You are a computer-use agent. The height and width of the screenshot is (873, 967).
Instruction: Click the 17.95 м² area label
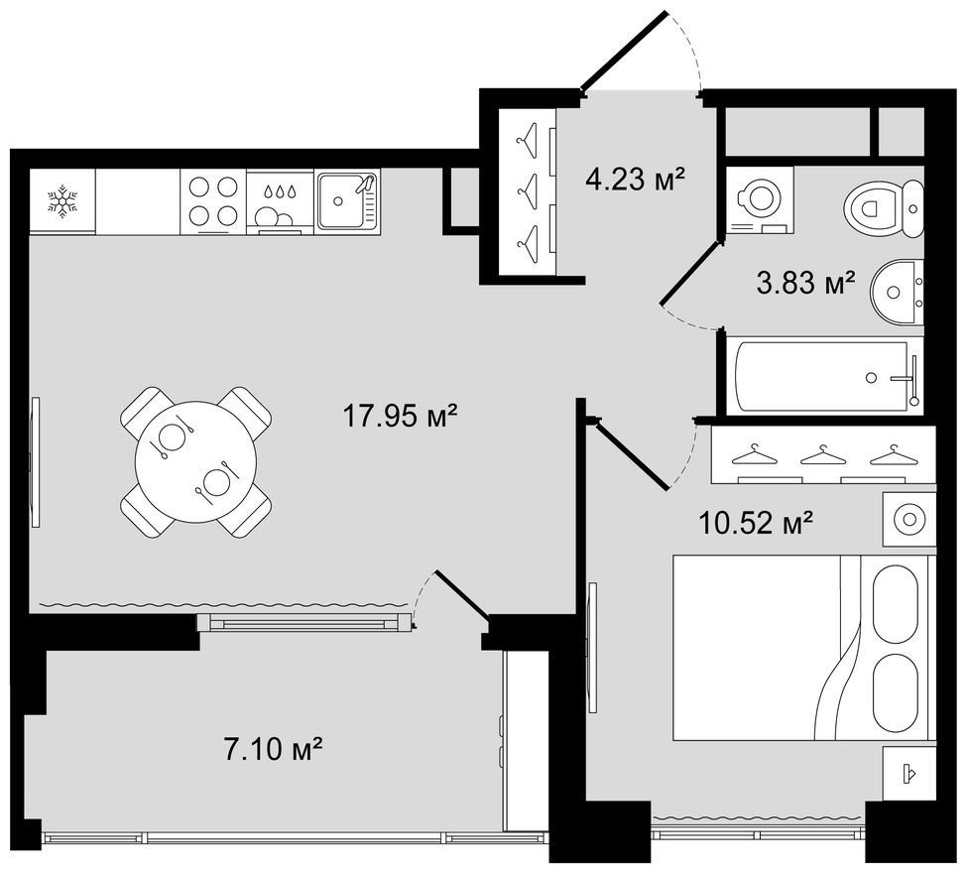pos(399,416)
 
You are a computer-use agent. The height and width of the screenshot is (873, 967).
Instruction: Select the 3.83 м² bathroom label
pos(805,283)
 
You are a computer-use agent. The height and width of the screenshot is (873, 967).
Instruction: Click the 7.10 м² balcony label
pos(273,749)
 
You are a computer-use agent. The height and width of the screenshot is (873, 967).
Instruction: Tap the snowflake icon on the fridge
pos(62,200)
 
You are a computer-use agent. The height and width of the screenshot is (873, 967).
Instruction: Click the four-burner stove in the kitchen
pos(213,201)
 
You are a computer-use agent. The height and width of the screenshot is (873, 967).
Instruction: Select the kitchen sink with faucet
pos(347,201)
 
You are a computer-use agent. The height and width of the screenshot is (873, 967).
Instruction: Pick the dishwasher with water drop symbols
pos(281,201)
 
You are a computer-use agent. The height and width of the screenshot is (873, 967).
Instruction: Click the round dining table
pos(195,462)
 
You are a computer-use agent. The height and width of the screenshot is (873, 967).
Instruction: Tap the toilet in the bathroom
pos(883,208)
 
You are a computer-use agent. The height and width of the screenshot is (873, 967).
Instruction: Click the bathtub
pos(824,376)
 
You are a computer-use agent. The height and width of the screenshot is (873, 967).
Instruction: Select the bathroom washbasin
pos(898,292)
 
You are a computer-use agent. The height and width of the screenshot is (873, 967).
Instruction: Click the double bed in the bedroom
pos(800,647)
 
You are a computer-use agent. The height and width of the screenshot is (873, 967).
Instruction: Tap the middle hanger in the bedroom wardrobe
pos(822,456)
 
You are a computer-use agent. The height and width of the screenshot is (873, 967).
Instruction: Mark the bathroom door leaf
pos(690,273)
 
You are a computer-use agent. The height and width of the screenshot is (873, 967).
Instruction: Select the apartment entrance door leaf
pos(625,52)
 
